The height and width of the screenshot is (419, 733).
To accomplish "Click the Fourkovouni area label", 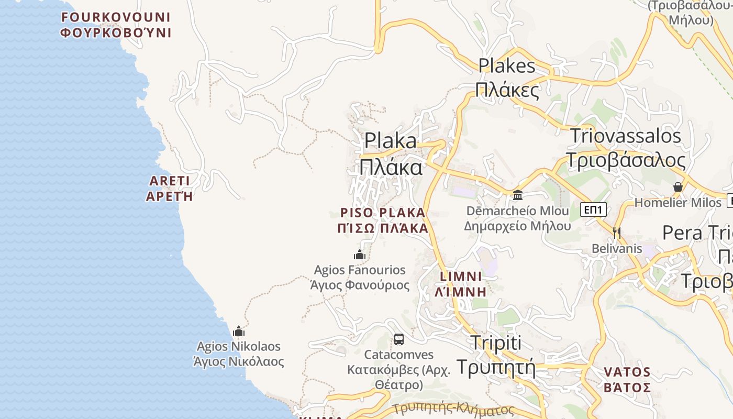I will (x=116, y=25).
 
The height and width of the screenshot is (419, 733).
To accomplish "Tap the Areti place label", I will (x=169, y=189).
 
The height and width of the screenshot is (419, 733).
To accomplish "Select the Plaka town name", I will (x=391, y=154).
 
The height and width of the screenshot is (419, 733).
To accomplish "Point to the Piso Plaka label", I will (x=383, y=220).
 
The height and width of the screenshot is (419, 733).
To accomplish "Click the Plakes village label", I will (x=507, y=78).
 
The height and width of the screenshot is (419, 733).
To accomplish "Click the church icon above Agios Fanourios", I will (x=360, y=255).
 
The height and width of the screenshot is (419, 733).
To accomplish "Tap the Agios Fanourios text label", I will (x=360, y=278).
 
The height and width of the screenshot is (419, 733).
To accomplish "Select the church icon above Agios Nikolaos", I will (x=239, y=331).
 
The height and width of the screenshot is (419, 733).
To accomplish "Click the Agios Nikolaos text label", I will (x=239, y=354).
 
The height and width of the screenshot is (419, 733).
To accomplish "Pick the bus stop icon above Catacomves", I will (x=399, y=339).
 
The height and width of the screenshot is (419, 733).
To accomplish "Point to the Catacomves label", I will (x=399, y=370).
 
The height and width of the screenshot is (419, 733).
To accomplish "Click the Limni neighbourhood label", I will (x=461, y=284).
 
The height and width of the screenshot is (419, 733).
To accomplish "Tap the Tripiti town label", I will (x=496, y=355).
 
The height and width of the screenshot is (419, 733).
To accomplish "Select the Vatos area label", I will (x=627, y=380).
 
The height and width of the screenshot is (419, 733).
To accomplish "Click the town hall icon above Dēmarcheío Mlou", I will (x=518, y=195).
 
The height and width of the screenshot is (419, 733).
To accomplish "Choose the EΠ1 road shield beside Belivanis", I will (x=594, y=210).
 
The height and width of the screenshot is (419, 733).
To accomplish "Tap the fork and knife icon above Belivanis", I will (x=617, y=233).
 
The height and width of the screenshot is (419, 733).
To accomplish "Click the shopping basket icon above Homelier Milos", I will (x=678, y=187).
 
